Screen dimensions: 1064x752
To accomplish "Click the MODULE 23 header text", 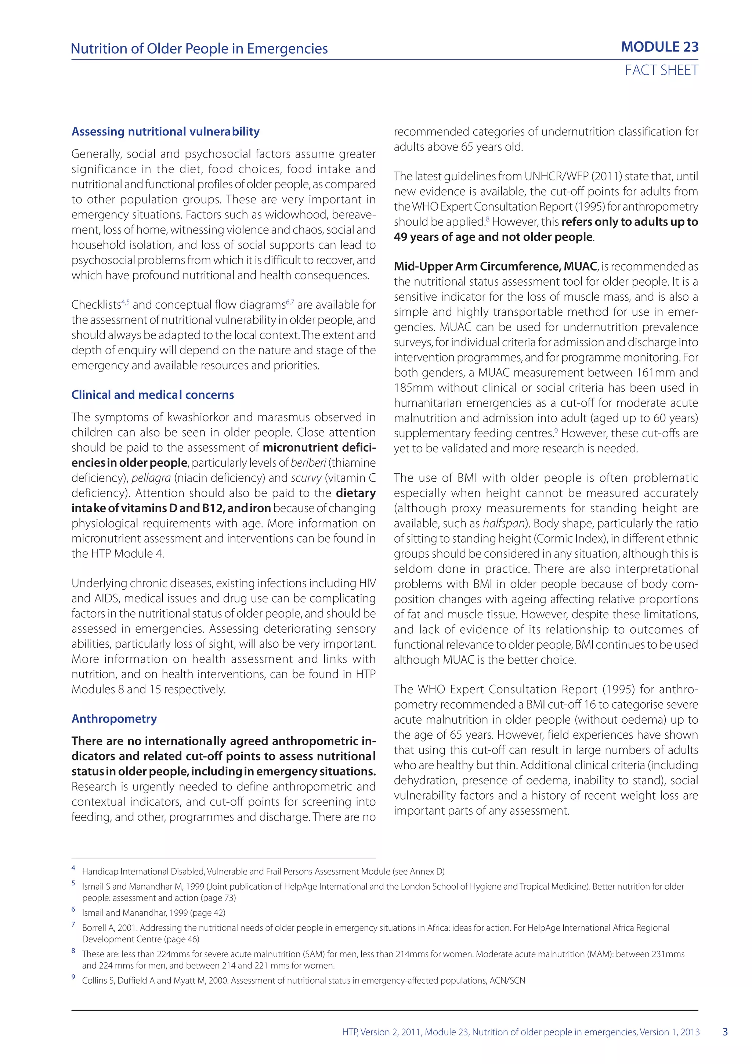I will tap(659, 47).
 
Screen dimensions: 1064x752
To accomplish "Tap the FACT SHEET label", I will tap(661, 70).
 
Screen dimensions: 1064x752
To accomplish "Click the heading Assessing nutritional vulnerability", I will tap(165, 131).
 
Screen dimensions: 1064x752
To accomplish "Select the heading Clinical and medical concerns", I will tap(152, 395).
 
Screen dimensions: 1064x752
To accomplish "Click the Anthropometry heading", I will tap(114, 719).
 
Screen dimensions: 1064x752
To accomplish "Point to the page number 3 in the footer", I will tap(725, 1032).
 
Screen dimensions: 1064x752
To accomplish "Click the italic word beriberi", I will tap(308, 463).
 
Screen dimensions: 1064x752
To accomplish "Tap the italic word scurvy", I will tap(306, 478).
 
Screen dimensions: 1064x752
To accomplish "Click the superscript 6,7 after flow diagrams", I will tap(290, 302).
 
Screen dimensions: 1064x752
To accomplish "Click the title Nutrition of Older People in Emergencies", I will tap(199, 49).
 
